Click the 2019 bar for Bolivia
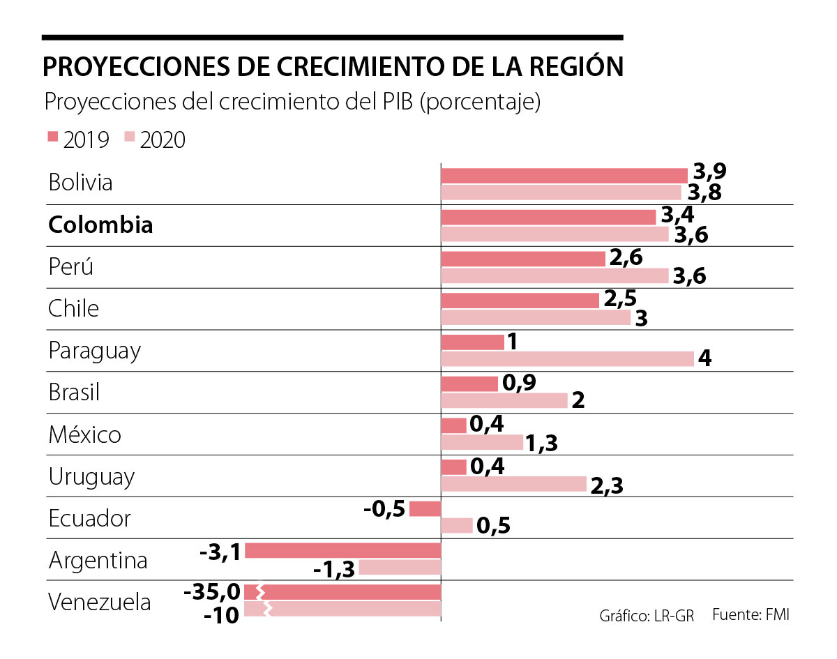point(564,176)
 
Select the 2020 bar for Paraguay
point(567,358)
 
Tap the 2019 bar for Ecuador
point(425,509)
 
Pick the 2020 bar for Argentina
point(399,568)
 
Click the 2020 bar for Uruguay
point(513,484)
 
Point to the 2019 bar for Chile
point(520,301)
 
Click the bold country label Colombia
point(100,225)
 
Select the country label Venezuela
point(99,602)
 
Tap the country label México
point(84,434)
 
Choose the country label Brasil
point(74,393)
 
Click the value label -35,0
point(212,593)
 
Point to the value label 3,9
point(710,173)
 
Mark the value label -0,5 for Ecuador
point(384,508)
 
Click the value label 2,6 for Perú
point(626,257)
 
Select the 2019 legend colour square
point(53,137)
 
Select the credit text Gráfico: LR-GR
point(647,616)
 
